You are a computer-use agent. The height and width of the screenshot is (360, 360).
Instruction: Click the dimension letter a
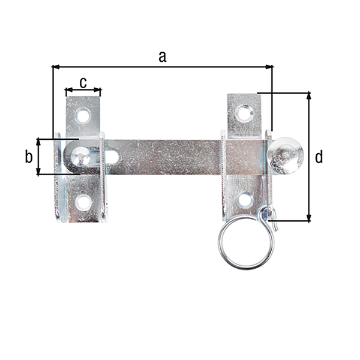tap(162, 57)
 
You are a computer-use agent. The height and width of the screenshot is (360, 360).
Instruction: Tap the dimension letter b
tap(28, 157)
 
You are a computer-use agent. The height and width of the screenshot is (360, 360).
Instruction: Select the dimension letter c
tap(83, 82)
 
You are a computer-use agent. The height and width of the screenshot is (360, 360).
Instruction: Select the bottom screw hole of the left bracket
tap(83, 202)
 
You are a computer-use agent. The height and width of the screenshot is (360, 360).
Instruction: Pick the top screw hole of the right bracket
tap(244, 113)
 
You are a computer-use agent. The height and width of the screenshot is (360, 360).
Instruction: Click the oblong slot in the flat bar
tap(112, 158)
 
